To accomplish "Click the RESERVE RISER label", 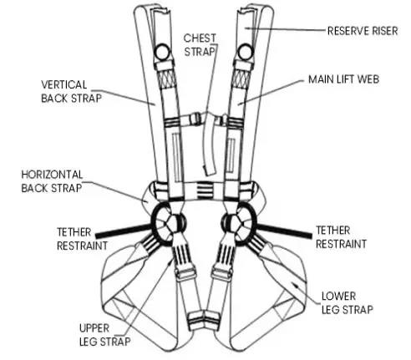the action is coord(363,31).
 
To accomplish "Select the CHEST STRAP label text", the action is coord(200,45).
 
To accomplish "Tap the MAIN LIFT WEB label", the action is coord(343,79).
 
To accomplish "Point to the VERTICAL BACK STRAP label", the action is coord(71,92).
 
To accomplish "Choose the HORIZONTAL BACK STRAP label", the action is coord(52,181).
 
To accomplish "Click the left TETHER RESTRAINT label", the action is coord(82,239).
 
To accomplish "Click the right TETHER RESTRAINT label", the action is coord(341,237).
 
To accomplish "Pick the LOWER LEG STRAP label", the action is coord(348,303).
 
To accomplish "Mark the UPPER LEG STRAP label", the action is coord(104,335).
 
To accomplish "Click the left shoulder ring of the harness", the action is coord(163,52).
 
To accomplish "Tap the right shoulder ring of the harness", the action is coord(246,52).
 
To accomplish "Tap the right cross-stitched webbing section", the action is coord(241,79).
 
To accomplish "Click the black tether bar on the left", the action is coord(124,231).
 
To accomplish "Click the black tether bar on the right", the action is coord(284,231).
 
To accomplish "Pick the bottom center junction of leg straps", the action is coord(204,320).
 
